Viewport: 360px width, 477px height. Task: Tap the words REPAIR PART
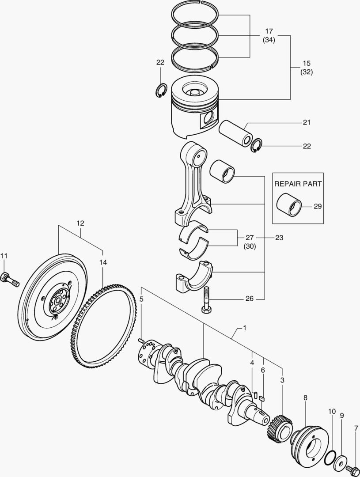click(298, 184)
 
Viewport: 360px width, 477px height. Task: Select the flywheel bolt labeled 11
click(10, 280)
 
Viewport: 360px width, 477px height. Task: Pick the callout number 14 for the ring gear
click(103, 262)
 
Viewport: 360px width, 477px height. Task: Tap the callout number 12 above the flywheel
click(80, 223)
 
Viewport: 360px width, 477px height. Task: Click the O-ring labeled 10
click(329, 460)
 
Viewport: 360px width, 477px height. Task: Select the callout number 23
click(279, 238)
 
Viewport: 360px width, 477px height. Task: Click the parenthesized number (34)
click(269, 41)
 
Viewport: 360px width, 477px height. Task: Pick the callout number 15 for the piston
click(306, 63)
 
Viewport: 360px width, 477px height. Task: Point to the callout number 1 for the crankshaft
click(244, 328)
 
